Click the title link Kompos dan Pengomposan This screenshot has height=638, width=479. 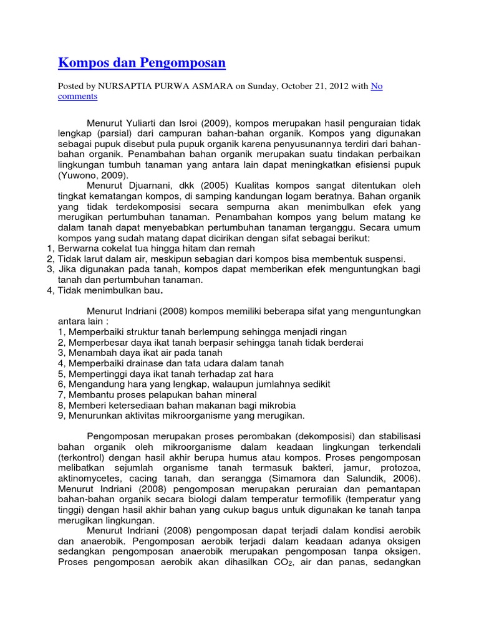[x=142, y=63]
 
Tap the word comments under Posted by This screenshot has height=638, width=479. [x=78, y=97]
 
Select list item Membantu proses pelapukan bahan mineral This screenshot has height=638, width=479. [x=162, y=394]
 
